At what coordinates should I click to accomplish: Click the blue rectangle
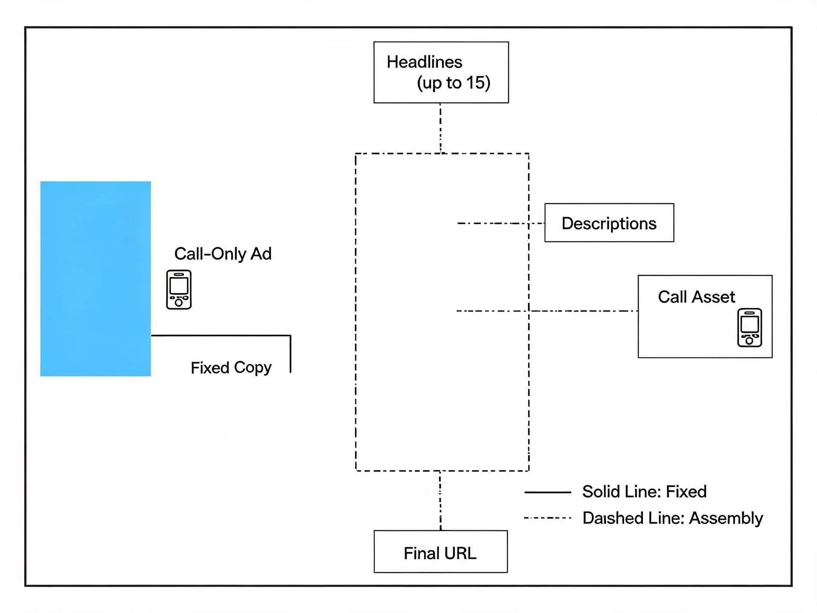pos(95,279)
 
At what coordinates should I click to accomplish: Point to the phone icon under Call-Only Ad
pos(179,289)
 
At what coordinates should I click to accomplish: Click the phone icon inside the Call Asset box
pos(750,327)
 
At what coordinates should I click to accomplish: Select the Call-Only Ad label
pos(223,254)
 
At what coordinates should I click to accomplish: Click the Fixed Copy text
pos(231,368)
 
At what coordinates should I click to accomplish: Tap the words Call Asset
pos(697,297)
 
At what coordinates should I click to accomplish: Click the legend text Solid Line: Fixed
pos(644,492)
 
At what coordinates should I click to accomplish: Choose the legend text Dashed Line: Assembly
pos(673,518)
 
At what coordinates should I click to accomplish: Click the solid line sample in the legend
pos(548,492)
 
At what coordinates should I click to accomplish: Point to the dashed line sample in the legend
pos(548,518)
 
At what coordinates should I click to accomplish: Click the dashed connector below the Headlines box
pos(440,128)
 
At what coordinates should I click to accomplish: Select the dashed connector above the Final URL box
pos(440,501)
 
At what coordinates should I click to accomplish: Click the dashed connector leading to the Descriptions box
pos(501,223)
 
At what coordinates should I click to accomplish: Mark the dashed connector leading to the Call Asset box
pos(547,311)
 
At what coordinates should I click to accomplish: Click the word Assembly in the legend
pos(726,518)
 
